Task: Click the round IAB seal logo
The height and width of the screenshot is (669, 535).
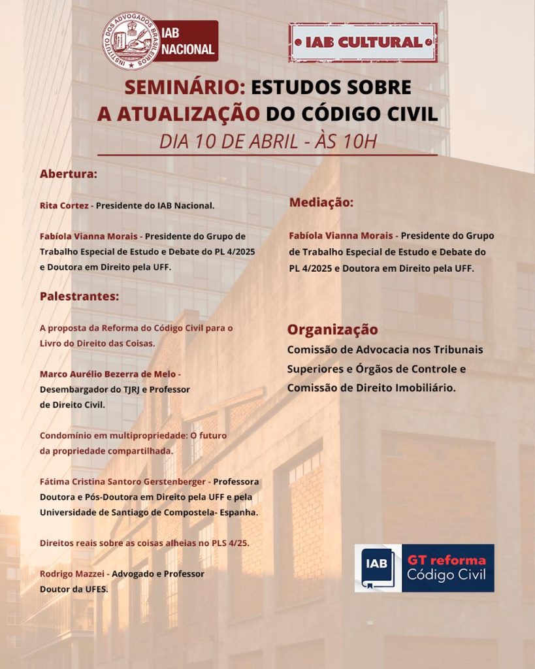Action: pyautogui.click(x=132, y=41)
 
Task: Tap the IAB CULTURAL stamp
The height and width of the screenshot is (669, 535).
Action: pyautogui.click(x=363, y=42)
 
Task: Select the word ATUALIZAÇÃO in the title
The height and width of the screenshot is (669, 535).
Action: pyautogui.click(x=178, y=113)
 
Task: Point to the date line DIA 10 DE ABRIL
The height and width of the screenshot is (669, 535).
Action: pyautogui.click(x=267, y=141)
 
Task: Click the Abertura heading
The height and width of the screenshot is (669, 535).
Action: pyautogui.click(x=68, y=174)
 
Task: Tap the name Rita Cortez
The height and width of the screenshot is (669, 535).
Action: pyautogui.click(x=64, y=205)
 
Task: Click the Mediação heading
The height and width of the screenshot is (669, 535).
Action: pyautogui.click(x=321, y=203)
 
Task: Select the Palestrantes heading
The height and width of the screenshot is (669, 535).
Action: pyautogui.click(x=79, y=296)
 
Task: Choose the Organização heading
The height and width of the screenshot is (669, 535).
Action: pyautogui.click(x=332, y=329)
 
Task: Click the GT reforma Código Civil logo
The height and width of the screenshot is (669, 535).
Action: pyautogui.click(x=424, y=568)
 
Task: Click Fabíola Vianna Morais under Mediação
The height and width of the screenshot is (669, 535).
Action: pyautogui.click(x=341, y=236)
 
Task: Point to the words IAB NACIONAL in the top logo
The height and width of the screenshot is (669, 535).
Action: pyautogui.click(x=187, y=42)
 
